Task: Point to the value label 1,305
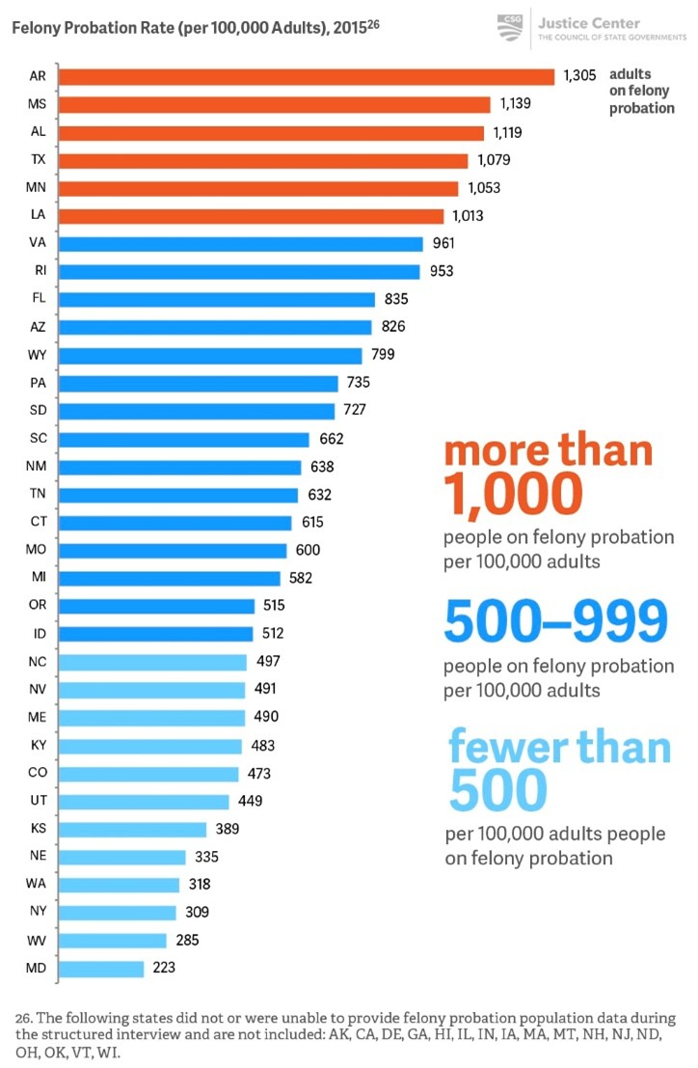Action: click(x=580, y=75)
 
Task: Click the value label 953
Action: click(x=442, y=272)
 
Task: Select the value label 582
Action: click(x=301, y=578)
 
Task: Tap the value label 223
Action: click(x=165, y=968)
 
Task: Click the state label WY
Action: click(x=38, y=355)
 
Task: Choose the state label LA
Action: click(x=38, y=216)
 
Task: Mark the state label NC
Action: click(x=38, y=662)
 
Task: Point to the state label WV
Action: click(x=38, y=940)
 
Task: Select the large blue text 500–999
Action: click(x=555, y=623)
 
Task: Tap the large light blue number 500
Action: click(x=497, y=792)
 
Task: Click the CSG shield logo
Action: click(x=509, y=26)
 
